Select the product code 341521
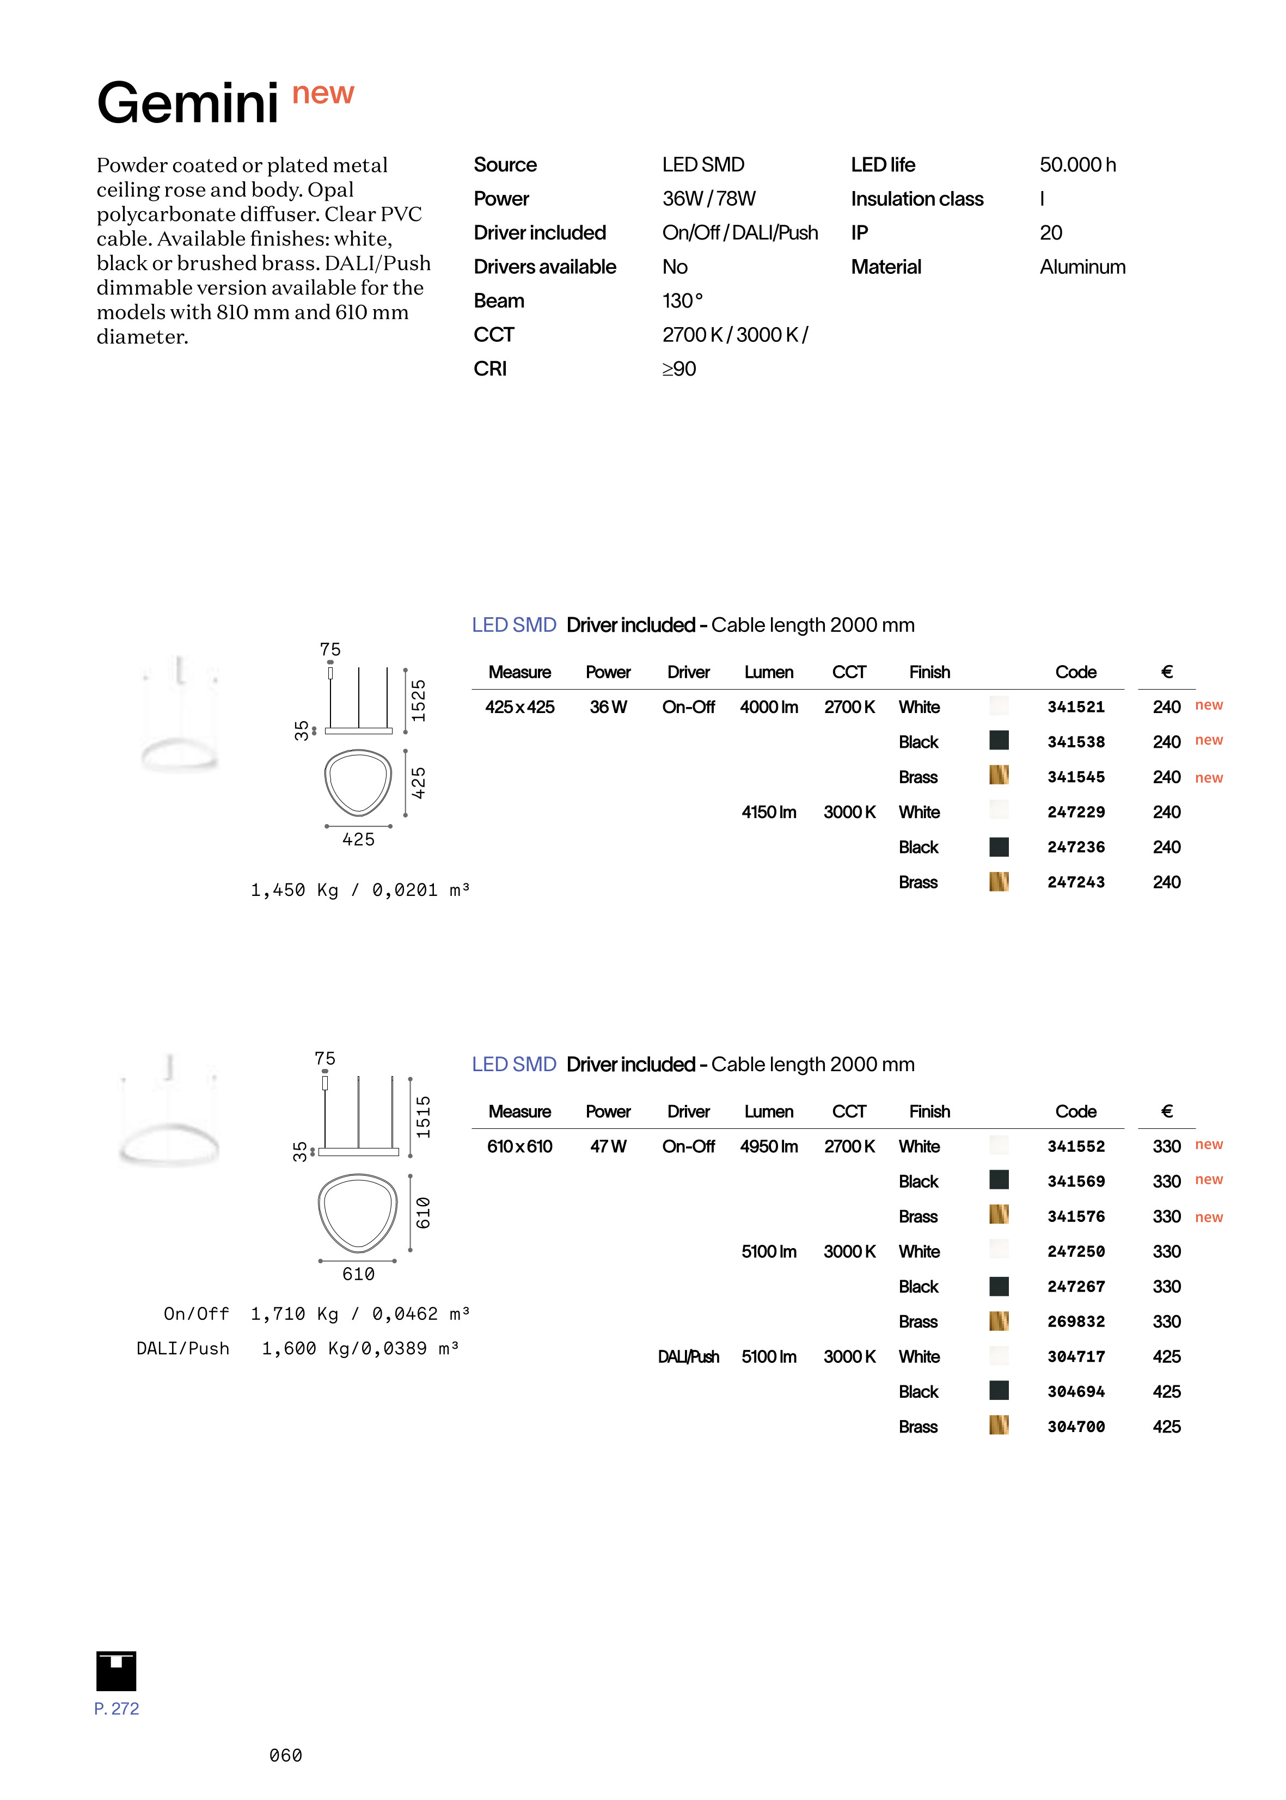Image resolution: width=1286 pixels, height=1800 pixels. coord(1075,707)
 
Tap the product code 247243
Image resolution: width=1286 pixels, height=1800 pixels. coord(1075,882)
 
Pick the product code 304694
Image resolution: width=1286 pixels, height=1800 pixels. coord(1075,1392)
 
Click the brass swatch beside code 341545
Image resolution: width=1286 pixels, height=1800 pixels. coord(999,775)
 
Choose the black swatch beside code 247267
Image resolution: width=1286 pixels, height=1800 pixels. coord(999,1286)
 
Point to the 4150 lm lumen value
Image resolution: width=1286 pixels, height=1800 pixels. coord(768,812)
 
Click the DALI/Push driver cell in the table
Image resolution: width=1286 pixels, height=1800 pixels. coord(688,1357)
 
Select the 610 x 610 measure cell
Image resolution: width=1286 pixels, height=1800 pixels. coord(519,1146)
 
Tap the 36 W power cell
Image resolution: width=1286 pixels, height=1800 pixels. coord(608,707)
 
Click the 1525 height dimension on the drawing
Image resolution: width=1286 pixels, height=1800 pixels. coord(418,700)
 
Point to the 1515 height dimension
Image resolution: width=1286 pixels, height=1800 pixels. coord(424,1117)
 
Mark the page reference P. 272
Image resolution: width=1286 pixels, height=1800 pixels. coord(117,1708)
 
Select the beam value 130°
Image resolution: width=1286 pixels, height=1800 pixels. coord(682,301)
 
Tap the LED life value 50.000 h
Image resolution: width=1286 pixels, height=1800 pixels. coord(1077,164)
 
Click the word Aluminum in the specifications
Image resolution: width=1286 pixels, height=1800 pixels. coord(1082,267)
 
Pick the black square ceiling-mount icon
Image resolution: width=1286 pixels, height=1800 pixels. coord(117,1670)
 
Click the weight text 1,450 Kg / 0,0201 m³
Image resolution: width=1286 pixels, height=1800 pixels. coord(359,890)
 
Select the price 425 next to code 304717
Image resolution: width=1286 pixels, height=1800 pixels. coord(1166,1357)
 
